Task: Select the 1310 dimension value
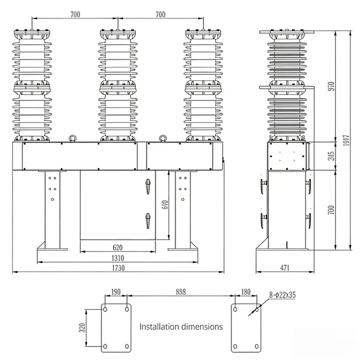tap(118, 258)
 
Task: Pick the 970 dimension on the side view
tap(331, 86)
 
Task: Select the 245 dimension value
tap(331, 156)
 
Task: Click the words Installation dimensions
tap(181, 327)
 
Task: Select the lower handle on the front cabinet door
tap(147, 220)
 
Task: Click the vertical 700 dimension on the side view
tap(331, 210)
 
